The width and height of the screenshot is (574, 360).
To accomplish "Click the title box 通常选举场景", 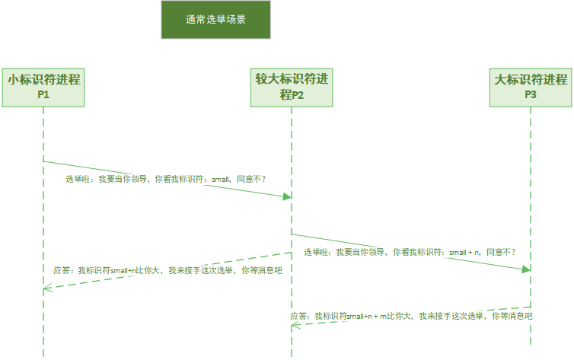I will tap(215, 20).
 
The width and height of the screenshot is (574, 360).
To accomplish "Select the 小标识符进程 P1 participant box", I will tap(43, 87).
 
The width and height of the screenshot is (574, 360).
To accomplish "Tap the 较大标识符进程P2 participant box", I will tap(291, 87).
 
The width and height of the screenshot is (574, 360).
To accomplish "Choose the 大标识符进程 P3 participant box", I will tap(531, 87).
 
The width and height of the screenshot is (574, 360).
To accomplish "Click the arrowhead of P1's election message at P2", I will tap(287, 196).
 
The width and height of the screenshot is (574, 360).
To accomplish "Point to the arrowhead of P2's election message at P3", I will tap(526, 269).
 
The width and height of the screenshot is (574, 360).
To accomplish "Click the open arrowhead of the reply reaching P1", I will tap(47, 288).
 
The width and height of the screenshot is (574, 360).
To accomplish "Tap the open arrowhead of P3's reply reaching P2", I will tap(295, 326).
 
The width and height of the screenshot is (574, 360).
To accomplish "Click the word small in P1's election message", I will tap(220, 180).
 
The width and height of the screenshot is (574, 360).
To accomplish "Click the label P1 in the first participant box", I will tap(43, 95).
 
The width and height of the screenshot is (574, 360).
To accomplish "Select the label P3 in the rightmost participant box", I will tap(531, 95).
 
